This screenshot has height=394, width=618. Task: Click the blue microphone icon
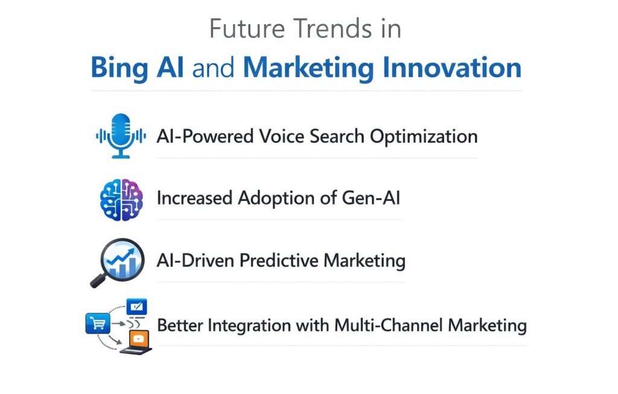click(121, 135)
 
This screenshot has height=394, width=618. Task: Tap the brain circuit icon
click(121, 200)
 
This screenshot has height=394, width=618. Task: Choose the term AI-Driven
click(195, 261)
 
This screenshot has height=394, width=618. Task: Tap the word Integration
click(249, 325)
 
